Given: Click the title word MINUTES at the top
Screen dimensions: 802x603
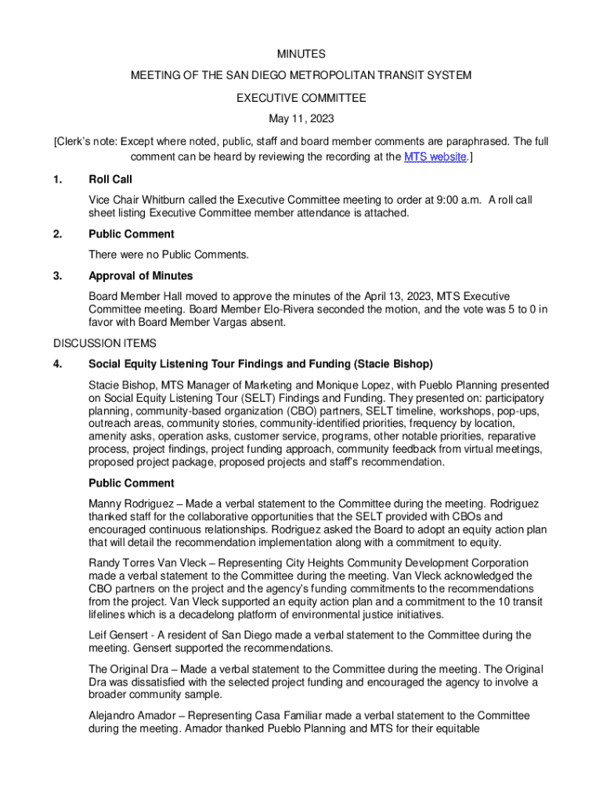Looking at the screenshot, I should tap(301, 54).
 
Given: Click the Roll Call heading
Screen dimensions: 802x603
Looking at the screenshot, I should tap(110, 180).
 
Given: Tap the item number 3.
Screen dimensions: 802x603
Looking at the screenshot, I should tap(57, 276).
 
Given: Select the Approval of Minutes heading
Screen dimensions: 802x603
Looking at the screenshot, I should tap(140, 276).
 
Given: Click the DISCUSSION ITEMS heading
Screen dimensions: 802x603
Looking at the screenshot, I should tap(105, 343).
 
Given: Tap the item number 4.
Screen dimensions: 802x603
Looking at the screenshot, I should tap(57, 364).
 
